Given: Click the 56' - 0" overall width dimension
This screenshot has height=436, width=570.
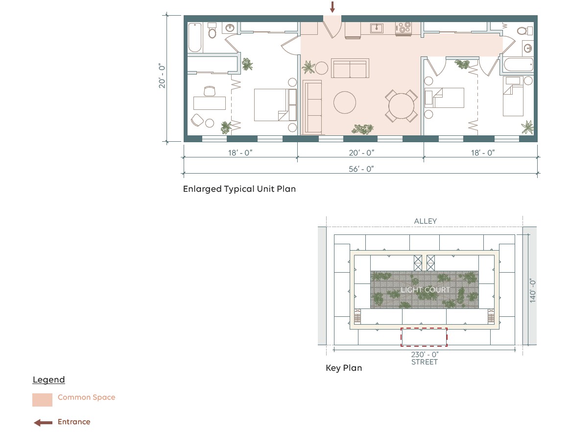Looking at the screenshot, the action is click(x=361, y=169).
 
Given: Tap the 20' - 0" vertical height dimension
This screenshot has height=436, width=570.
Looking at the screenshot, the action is click(x=162, y=76).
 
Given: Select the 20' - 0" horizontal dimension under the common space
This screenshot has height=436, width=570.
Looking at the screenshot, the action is click(x=361, y=153).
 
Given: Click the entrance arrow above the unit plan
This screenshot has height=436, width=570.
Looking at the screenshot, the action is click(x=332, y=7).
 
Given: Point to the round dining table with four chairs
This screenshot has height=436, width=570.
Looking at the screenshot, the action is click(x=402, y=106).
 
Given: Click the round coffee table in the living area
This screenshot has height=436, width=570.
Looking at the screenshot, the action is click(x=345, y=103).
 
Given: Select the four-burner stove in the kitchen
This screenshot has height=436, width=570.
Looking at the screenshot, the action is click(x=403, y=28).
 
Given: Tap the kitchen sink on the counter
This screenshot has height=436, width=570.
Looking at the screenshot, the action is click(x=377, y=28).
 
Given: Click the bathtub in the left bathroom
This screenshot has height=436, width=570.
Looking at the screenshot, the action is click(x=195, y=37).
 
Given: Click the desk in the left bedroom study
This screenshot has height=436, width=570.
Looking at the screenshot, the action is click(x=210, y=103).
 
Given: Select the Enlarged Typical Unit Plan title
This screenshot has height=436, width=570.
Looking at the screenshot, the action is click(x=239, y=189).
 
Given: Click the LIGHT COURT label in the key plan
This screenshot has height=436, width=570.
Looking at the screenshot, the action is click(x=425, y=290).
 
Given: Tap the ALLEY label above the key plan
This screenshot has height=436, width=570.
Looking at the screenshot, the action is click(x=426, y=221).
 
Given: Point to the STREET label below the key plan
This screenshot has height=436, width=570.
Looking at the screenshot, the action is click(x=424, y=362).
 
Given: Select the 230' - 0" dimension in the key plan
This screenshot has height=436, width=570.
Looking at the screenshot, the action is click(x=425, y=354).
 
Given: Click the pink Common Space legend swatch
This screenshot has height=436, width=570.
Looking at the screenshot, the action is click(x=42, y=400).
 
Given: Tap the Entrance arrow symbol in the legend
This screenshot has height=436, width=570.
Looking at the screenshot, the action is click(x=43, y=423).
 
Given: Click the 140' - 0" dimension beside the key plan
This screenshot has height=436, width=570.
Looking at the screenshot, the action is click(x=533, y=291).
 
